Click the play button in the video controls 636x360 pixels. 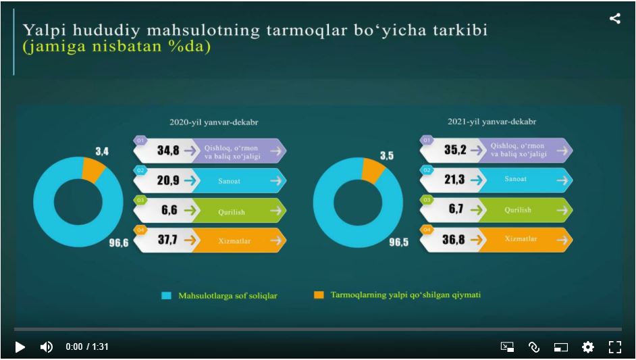click(x=20, y=346)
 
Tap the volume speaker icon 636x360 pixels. click(x=46, y=346)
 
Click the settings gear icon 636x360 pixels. click(x=588, y=346)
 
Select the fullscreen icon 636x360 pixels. click(x=614, y=346)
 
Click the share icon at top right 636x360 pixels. click(x=614, y=19)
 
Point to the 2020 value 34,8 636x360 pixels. click(x=168, y=151)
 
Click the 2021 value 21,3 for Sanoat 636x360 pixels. click(x=454, y=179)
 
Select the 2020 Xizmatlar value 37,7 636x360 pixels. click(x=167, y=240)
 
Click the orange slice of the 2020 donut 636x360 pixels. click(x=93, y=169)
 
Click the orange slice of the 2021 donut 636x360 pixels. click(x=373, y=171)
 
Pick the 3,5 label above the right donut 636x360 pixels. click(x=386, y=155)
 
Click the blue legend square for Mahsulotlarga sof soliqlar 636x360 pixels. click(x=166, y=296)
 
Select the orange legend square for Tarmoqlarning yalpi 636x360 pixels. click(x=319, y=295)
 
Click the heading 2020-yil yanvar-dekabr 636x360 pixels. click(x=213, y=123)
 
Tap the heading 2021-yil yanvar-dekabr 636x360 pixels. click(x=492, y=122)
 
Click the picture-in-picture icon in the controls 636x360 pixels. click(x=561, y=347)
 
